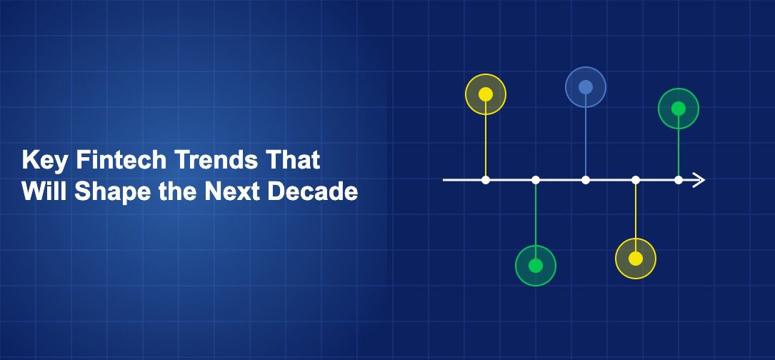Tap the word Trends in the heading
tap(207, 161)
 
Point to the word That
tap(292, 161)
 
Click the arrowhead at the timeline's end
tap(699, 180)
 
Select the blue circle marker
tap(586, 87)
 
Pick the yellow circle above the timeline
tap(486, 94)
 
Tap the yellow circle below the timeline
tap(636, 259)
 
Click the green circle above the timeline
tap(679, 109)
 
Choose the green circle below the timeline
tap(536, 266)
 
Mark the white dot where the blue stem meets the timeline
tap(586, 180)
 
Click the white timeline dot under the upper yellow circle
tap(486, 180)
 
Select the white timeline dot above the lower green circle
tap(536, 180)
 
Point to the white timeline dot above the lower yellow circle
tap(636, 180)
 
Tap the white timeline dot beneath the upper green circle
tap(679, 180)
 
